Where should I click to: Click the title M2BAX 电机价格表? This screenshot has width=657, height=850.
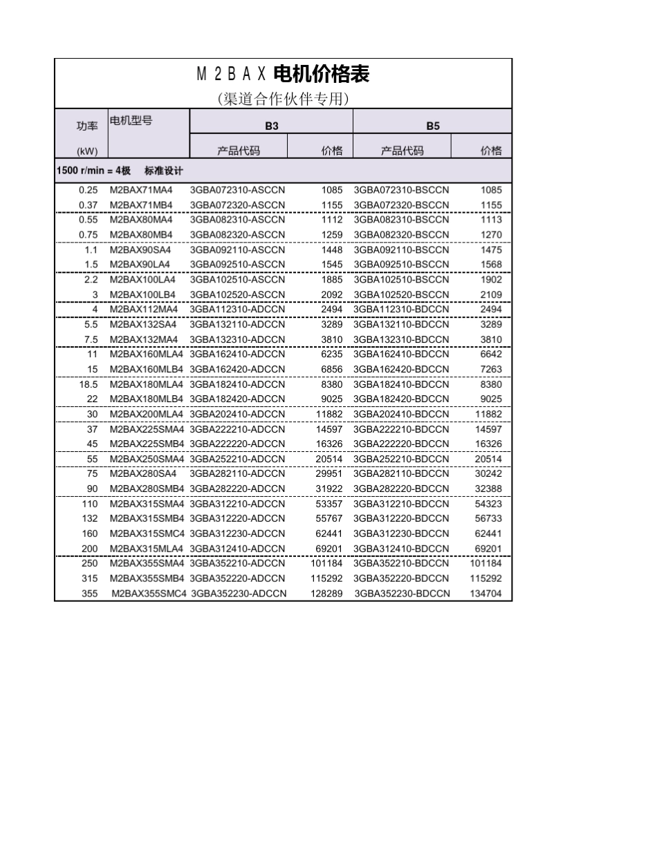coord(283,74)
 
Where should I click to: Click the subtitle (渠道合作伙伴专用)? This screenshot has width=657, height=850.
coord(283,99)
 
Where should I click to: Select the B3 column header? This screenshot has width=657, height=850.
coord(272,126)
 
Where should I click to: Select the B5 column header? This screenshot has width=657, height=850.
coord(432,126)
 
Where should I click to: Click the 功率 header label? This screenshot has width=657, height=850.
coord(87,126)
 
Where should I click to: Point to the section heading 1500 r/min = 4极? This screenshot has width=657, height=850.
coord(119,170)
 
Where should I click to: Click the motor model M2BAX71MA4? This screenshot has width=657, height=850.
coord(141,189)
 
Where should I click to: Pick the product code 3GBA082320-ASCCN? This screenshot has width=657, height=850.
coord(237,234)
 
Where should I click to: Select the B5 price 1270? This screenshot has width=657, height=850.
coord(491,234)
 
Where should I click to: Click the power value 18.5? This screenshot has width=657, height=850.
coord(89,384)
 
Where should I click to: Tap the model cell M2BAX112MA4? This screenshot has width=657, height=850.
coord(144,310)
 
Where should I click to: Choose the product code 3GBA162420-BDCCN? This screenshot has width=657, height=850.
coord(401,369)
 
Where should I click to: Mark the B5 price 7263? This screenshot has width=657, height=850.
coord(491,369)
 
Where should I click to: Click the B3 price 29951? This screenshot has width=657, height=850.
coord(329,474)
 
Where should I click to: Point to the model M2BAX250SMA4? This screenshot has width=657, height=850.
coord(147,459)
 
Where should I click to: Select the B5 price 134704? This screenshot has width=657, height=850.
coord(486,594)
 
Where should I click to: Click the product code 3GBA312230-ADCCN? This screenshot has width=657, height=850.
coord(237,533)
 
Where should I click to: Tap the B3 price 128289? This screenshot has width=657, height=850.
coord(326,594)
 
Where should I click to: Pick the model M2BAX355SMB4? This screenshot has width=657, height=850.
coord(147,578)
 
